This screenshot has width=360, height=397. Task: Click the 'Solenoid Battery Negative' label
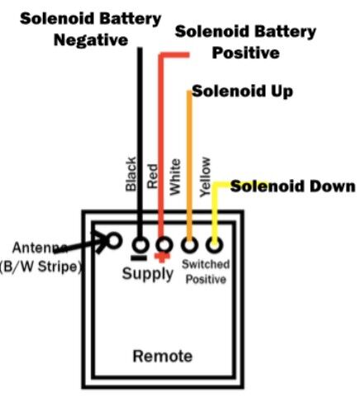[91, 30]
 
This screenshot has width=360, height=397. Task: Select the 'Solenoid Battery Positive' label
[245, 42]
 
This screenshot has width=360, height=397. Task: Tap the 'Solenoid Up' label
[243, 91]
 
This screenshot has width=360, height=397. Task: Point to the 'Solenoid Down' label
[293, 187]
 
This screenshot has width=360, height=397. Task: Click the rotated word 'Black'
[130, 174]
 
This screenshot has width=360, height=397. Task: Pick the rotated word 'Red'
[153, 177]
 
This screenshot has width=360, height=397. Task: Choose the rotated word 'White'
[175, 177]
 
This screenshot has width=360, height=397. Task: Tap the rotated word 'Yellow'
[206, 177]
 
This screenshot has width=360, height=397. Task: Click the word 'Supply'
[148, 274]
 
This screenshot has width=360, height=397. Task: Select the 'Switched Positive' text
[206, 272]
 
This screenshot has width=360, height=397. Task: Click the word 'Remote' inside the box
[163, 356]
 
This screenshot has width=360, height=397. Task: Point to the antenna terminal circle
[114, 241]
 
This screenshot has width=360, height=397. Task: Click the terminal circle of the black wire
[140, 244]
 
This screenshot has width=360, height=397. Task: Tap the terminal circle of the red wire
[164, 244]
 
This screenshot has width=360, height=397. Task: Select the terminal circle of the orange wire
[189, 244]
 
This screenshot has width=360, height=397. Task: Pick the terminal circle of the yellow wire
[215, 244]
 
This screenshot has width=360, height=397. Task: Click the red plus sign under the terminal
[162, 258]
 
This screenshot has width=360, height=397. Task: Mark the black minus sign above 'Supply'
[139, 258]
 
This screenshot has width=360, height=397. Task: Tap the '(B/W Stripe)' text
[41, 267]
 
